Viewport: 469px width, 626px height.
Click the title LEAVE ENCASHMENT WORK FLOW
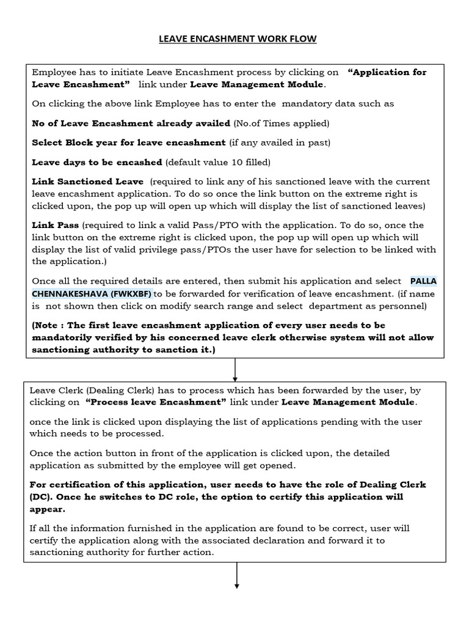[x=238, y=39]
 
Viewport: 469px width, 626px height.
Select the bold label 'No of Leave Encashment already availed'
[x=131, y=123]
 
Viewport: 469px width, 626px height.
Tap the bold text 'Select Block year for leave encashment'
[x=128, y=142]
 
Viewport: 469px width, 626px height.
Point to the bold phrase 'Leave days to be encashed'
[x=96, y=162]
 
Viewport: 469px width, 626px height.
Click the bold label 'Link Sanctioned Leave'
[x=87, y=182]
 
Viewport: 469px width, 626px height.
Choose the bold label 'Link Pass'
[x=56, y=225]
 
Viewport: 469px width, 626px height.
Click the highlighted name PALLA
[x=423, y=281]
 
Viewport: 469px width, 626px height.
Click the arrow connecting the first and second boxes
[x=236, y=369]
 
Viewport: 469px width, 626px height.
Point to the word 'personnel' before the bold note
[x=405, y=305]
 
